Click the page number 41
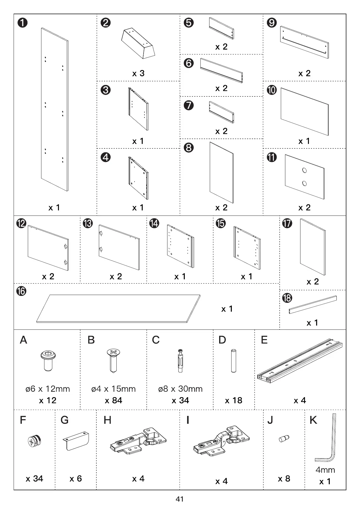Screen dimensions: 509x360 pos(180,499)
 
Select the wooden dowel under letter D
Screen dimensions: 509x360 pos(233,361)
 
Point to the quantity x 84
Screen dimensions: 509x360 pos(113,400)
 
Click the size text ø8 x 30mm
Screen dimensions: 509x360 pos(180,389)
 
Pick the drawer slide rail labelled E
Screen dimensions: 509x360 pos(300,359)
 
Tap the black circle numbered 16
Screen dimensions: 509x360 pos(21,291)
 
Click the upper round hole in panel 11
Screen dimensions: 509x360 pos(304,170)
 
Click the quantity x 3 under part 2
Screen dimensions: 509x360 pos(138,73)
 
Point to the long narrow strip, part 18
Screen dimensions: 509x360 pos(313,304)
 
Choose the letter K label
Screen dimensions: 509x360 pos(313,420)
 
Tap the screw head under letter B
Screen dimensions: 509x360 pos(113,353)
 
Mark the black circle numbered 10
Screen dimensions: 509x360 pos(271,90)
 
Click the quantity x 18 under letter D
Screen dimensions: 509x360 pos(233,400)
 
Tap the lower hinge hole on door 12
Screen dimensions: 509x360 pos(65,262)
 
